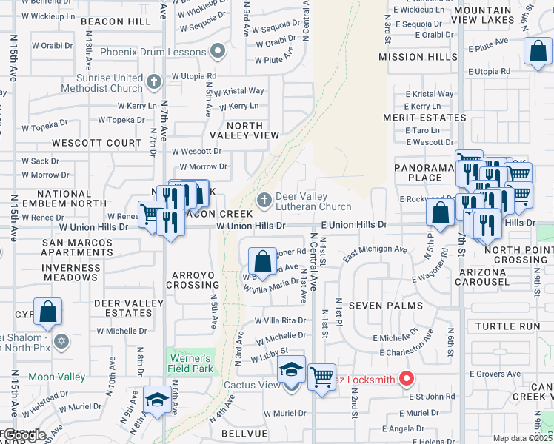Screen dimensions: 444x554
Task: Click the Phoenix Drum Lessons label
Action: [x=153, y=53]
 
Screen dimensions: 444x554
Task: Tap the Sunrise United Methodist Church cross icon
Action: [x=153, y=81]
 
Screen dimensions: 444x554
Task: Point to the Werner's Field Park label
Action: [x=190, y=362]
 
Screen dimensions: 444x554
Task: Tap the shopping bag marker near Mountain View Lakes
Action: [x=538, y=52]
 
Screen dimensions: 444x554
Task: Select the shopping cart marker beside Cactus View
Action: [x=321, y=377]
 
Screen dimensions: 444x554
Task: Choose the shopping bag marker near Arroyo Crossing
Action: [x=262, y=260]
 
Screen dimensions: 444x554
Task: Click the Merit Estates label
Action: [x=413, y=118]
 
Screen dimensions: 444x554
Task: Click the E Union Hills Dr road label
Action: [x=354, y=224]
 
